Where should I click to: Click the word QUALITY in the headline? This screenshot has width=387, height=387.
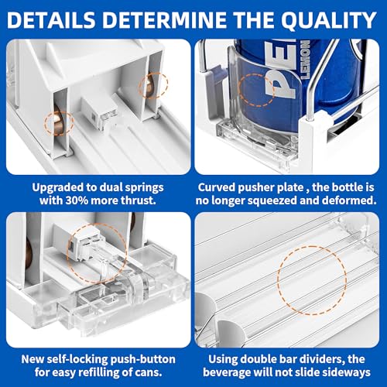click(328, 20)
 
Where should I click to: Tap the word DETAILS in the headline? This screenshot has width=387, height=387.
click(51, 20)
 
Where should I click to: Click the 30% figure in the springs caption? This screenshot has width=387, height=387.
click(77, 200)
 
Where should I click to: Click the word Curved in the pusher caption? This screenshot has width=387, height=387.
click(217, 187)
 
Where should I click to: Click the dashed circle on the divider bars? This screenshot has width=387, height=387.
click(312, 280)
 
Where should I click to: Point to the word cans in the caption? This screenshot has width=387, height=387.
click(150, 373)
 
